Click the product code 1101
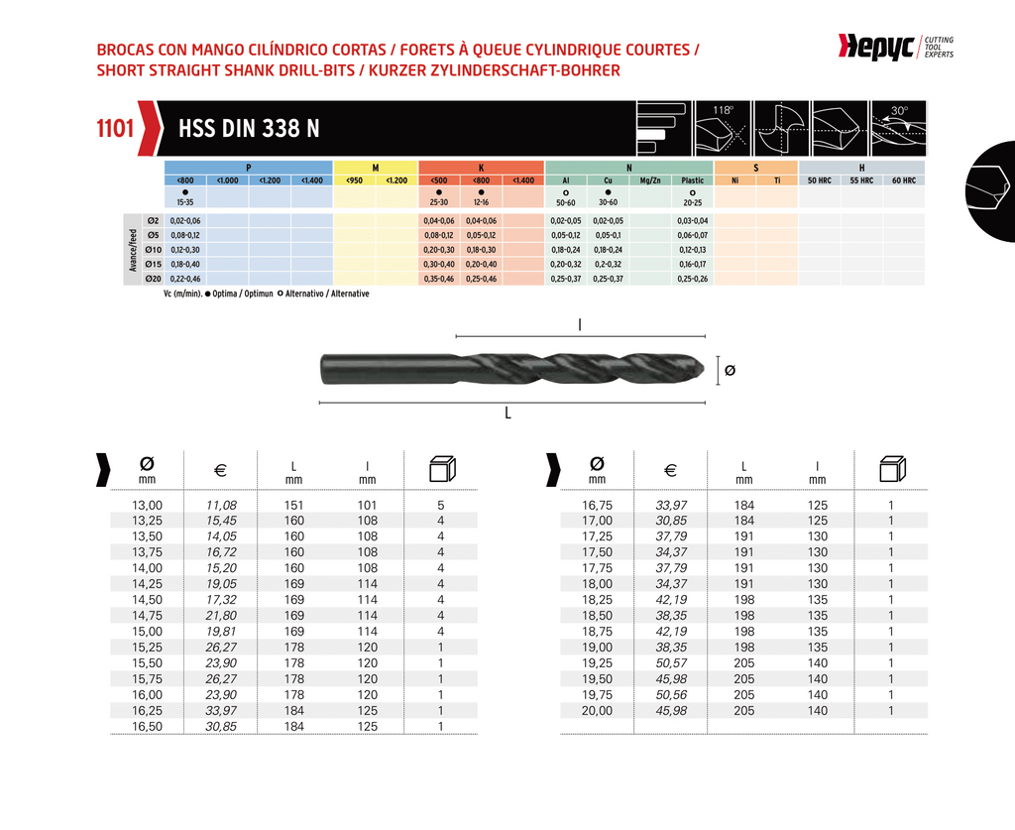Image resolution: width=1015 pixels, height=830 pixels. [115, 129]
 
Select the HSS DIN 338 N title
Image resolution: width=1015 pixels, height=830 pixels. [249, 129]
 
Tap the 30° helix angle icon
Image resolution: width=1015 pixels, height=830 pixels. [897, 128]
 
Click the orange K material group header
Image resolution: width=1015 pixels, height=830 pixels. [482, 168]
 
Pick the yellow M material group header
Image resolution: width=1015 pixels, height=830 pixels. [376, 168]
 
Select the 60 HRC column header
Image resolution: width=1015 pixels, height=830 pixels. [903, 180]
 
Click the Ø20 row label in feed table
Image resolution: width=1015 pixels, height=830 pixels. [153, 279]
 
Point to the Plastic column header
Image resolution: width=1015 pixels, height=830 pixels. [693, 180]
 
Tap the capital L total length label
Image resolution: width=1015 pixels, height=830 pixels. [507, 414]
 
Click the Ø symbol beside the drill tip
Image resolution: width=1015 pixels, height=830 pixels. [731, 370]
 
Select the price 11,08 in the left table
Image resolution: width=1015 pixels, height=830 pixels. [221, 505]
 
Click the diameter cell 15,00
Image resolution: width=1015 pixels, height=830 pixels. [148, 632]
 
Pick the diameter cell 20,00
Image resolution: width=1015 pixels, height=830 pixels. [597, 711]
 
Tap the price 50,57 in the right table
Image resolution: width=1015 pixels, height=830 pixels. [671, 663]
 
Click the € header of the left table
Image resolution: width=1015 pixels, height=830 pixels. [221, 470]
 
